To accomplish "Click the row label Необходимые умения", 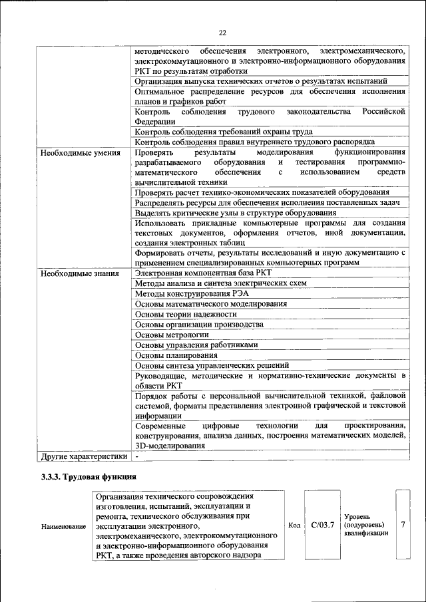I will (x=76, y=153).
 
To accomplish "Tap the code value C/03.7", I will (x=322, y=525).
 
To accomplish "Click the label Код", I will (x=294, y=526).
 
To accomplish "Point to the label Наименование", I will (x=63, y=527).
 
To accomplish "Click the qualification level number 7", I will (x=403, y=525).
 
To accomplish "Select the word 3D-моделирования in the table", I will (x=169, y=446).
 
